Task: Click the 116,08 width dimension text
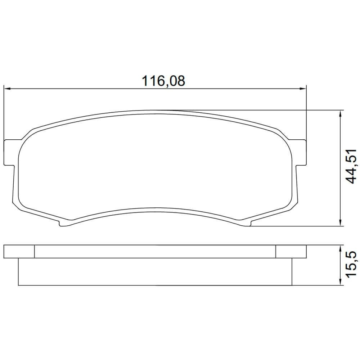[x=163, y=81]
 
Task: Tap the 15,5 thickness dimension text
[x=351, y=265]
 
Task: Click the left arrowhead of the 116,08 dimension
[x=8, y=89]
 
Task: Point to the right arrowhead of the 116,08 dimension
[x=303, y=89]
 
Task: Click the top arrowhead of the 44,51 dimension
[x=340, y=114]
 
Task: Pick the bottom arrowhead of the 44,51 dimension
[x=340, y=222]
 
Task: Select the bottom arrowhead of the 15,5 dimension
[x=340, y=282]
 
